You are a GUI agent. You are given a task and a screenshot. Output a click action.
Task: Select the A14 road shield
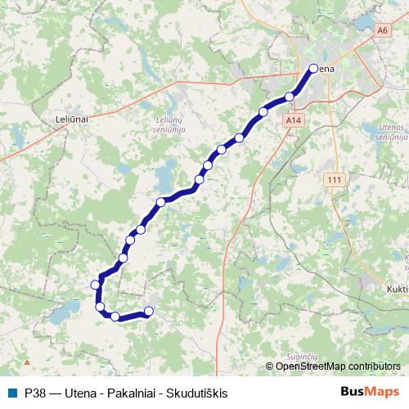pos(294,119)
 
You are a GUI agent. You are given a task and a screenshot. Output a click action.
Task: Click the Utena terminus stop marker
pos(312,70)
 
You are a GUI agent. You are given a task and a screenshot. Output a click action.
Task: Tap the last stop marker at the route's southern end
pos(149,311)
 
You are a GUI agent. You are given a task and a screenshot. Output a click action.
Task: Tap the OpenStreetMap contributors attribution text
pos(338,366)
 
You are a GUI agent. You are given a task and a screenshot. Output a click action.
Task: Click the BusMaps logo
pos(370,393)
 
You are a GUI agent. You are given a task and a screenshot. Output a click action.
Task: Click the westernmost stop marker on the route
pos(96,285)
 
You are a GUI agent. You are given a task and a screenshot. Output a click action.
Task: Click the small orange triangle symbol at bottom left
pos(27,361)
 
